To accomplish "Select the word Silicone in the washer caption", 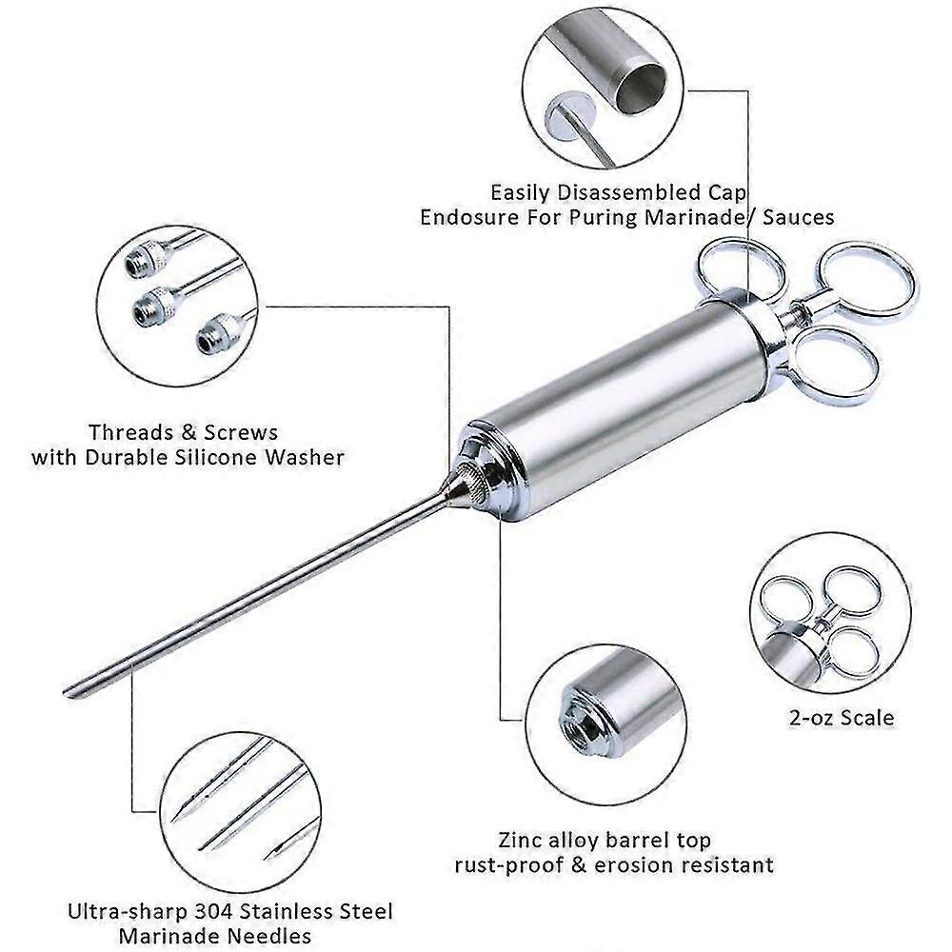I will (227, 457).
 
